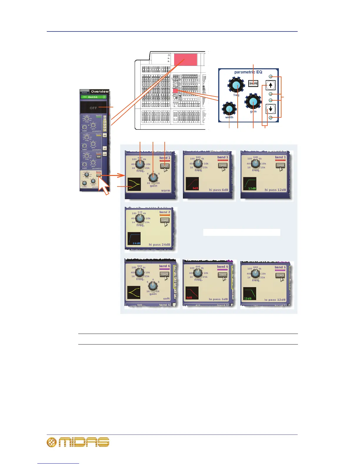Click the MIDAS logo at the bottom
pos(78,442)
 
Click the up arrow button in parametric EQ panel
pos(270,85)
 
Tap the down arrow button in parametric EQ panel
pos(270,109)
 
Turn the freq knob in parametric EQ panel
pos(236,85)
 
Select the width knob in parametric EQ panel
pos(229,109)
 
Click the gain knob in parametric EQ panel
pos(253,102)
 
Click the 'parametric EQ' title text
pos(248,72)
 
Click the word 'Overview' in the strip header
pos(100,91)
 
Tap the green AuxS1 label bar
pos(93,97)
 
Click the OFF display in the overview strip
pos(93,108)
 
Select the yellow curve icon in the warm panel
pos(134,184)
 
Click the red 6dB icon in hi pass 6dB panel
pos(192,184)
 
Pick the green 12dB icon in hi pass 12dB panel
pos(250,184)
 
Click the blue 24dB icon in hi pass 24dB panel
pos(134,239)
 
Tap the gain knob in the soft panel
pos(153,285)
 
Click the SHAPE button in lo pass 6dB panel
pos(223,275)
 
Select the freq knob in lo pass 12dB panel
pos(255,274)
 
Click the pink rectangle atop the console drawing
pos(186,60)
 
